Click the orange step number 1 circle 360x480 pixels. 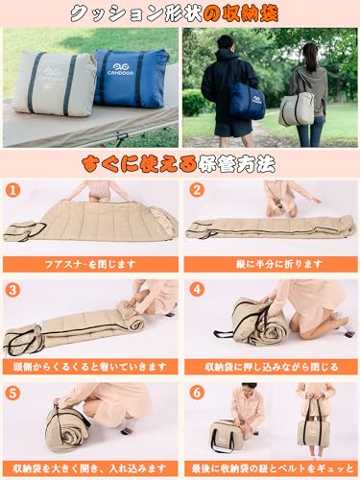[13, 190]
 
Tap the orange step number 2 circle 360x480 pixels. [196, 190]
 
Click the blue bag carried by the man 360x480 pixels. [247, 100]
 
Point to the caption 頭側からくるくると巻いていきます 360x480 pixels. [90, 365]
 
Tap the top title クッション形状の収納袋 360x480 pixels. [180, 14]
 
